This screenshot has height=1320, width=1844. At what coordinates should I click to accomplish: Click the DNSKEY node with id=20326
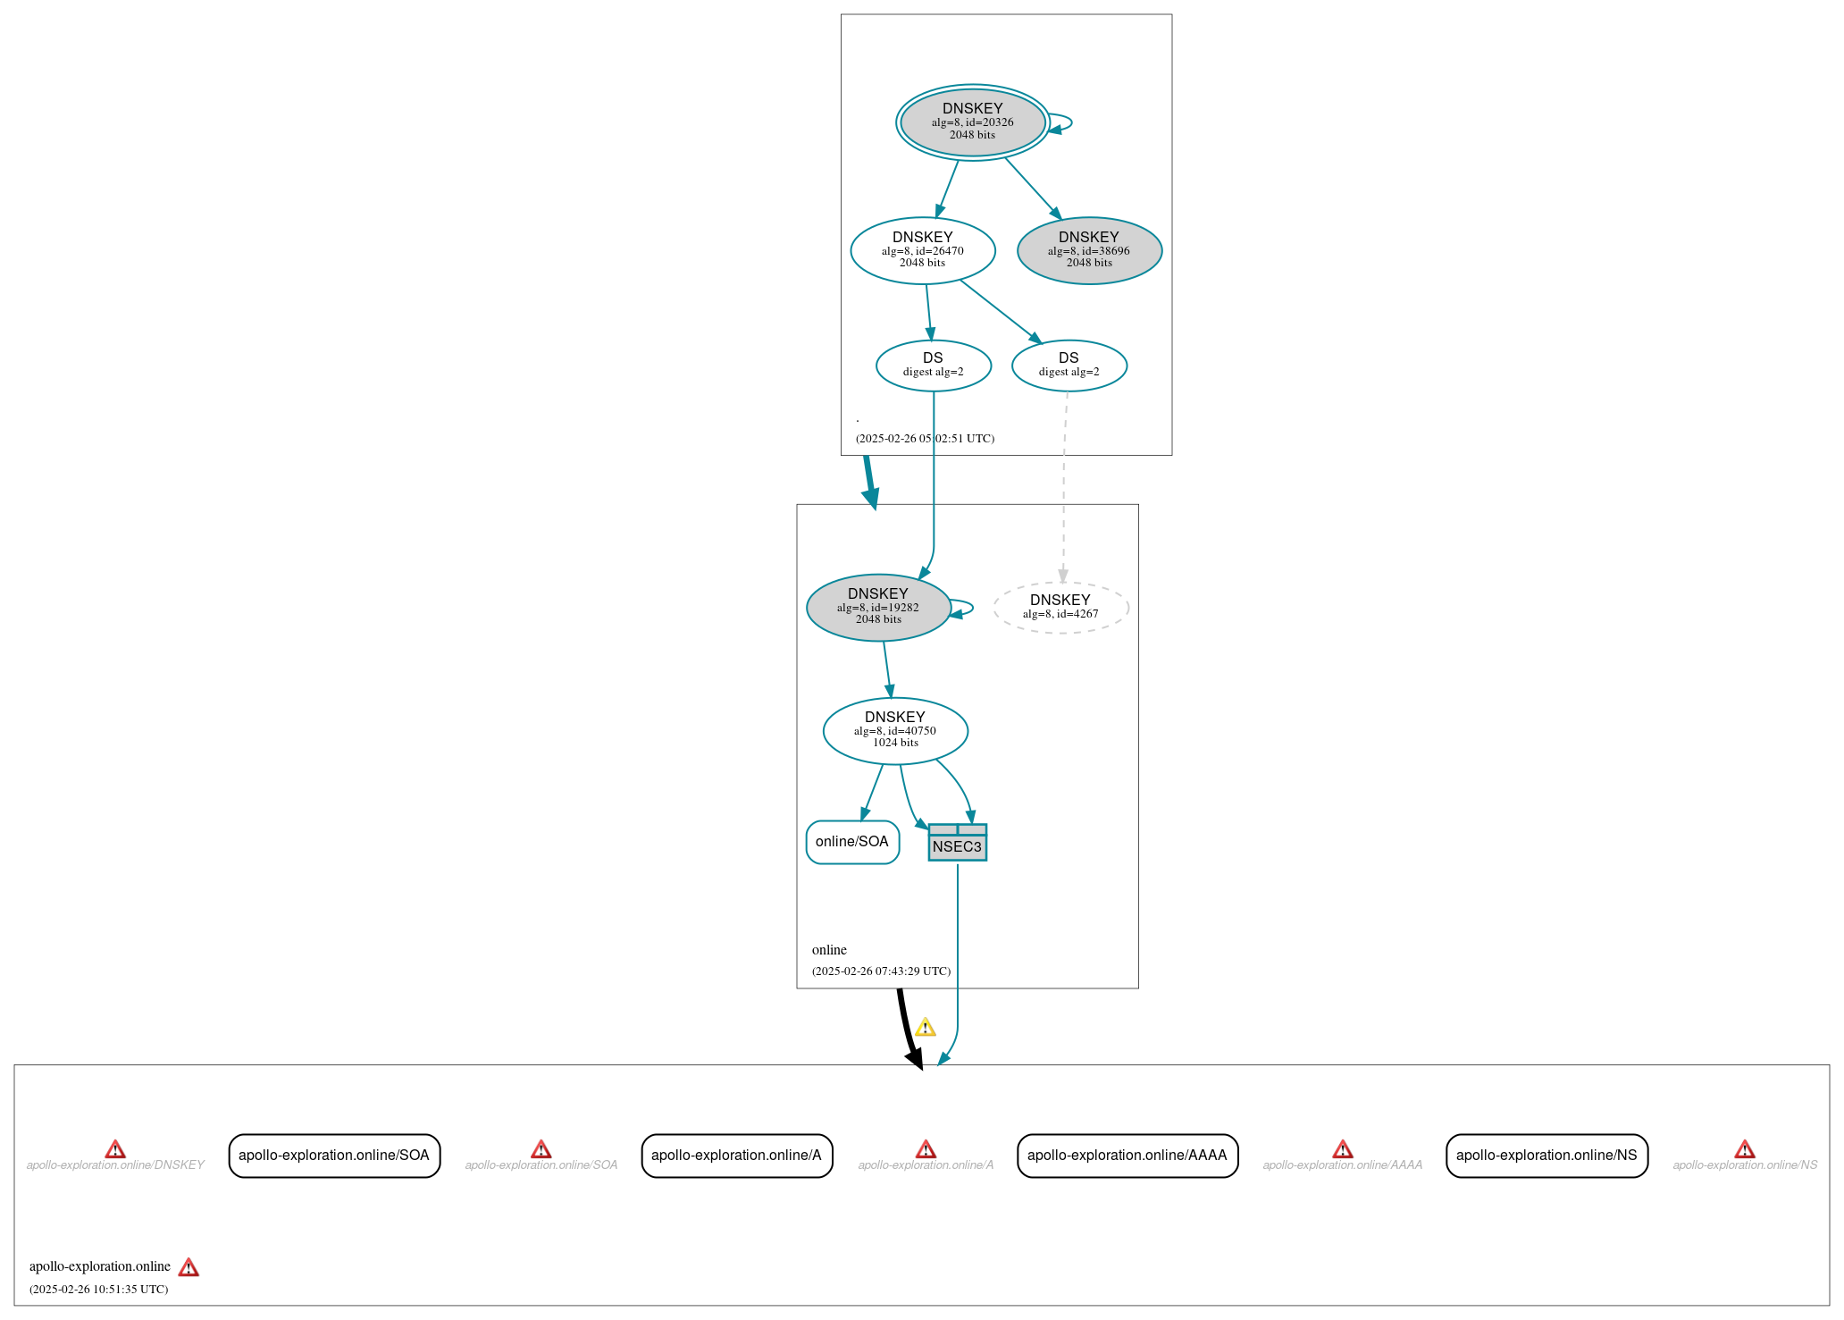(972, 122)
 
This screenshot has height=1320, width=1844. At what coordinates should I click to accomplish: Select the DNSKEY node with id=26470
(922, 250)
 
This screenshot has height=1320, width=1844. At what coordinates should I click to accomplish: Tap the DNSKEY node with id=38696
(1089, 250)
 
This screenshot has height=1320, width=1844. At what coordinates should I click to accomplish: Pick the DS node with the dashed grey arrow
(1069, 366)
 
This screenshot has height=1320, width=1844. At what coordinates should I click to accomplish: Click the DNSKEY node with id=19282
(878, 607)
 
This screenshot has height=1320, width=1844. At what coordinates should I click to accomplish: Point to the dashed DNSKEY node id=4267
(1060, 608)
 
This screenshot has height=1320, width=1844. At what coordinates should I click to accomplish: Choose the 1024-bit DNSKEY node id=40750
(895, 730)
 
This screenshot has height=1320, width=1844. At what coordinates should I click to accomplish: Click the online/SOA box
(852, 842)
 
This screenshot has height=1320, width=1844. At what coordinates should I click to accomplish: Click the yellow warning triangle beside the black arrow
(926, 1028)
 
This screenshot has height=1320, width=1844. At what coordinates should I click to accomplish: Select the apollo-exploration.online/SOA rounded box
(334, 1156)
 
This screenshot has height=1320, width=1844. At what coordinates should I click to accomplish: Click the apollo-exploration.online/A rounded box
(736, 1156)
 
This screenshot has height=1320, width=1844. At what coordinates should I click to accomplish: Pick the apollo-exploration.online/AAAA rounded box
(1127, 1156)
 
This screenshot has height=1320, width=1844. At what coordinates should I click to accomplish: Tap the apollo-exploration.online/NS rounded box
(1546, 1156)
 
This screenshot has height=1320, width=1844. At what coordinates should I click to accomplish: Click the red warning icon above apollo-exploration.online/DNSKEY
(115, 1149)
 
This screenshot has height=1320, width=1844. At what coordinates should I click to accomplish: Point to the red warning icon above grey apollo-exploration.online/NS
(1745, 1149)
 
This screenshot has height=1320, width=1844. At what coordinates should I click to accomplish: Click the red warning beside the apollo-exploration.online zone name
(189, 1267)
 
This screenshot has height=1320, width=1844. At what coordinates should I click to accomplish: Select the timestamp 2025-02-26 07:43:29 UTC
(881, 971)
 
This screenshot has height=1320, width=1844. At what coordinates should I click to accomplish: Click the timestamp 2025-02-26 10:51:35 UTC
(98, 1290)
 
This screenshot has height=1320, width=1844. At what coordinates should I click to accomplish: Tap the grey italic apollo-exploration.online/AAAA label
(1342, 1165)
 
